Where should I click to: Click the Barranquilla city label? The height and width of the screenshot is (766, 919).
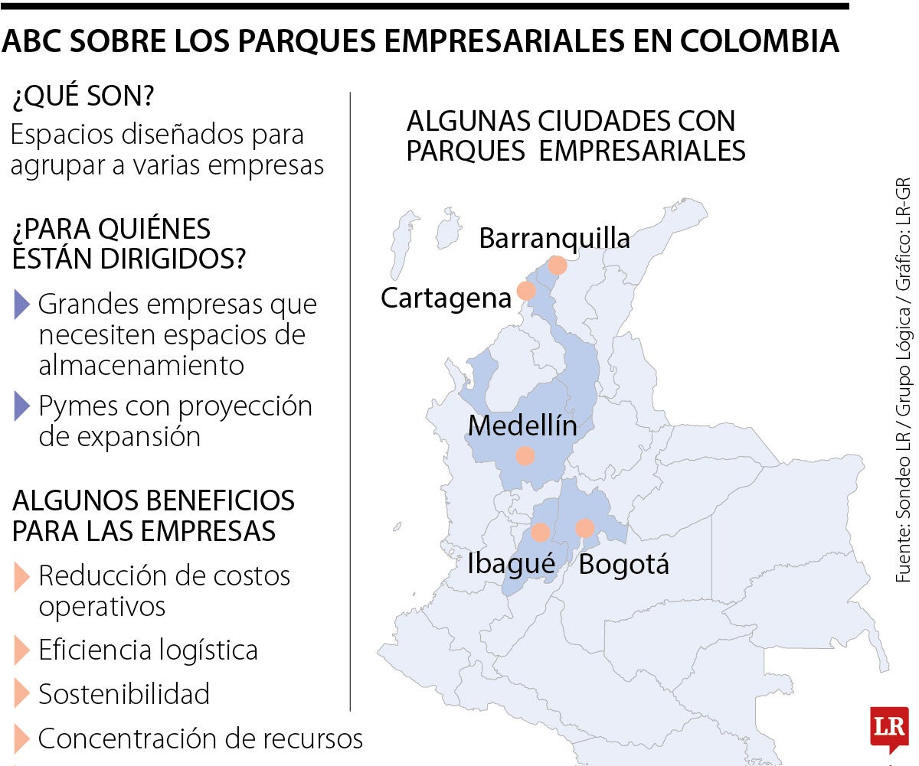click(554, 238)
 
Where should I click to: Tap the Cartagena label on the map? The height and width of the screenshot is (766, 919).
click(446, 298)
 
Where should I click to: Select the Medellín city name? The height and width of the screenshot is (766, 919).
click(522, 425)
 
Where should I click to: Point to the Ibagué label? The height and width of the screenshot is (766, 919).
click(511, 565)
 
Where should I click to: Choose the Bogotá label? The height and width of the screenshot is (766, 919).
click(623, 565)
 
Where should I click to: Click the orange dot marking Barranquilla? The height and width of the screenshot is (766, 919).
click(558, 266)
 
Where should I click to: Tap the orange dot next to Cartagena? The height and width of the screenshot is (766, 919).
click(526, 291)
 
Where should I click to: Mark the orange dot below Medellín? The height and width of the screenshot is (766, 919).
click(525, 456)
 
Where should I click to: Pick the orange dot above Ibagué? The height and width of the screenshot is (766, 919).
click(541, 533)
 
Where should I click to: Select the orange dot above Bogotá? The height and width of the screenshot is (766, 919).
click(585, 528)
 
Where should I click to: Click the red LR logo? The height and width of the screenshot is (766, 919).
click(889, 727)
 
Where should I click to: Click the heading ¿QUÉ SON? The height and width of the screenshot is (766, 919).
click(83, 97)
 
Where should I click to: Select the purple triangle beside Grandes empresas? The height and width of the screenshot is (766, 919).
click(21, 305)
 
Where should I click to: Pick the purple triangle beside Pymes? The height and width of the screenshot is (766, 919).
click(21, 406)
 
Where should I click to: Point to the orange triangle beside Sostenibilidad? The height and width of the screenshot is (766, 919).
click(21, 694)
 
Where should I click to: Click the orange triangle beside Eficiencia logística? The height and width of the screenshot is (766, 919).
click(21, 650)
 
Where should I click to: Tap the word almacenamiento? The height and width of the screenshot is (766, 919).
click(141, 365)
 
